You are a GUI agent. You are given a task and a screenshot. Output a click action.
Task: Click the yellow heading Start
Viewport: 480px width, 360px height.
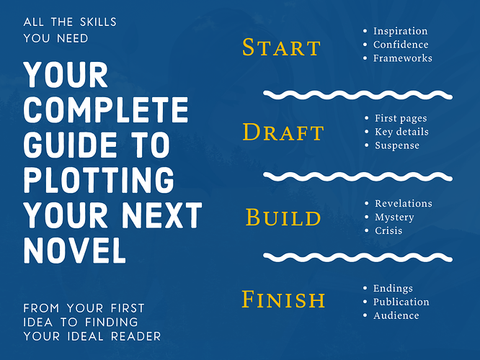click(281, 48)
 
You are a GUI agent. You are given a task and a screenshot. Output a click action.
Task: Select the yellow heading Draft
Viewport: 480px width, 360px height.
click(283, 132)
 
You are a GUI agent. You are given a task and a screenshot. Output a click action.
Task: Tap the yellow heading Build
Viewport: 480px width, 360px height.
click(283, 217)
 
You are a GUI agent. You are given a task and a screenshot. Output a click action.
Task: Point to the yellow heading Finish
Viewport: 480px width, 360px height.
click(283, 299)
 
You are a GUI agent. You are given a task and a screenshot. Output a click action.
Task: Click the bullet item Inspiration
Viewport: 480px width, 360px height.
click(400, 31)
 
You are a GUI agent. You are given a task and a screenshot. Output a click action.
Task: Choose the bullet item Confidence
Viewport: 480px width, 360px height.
click(401, 45)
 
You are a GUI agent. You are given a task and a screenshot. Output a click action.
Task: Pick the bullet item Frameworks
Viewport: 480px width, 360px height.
click(403, 58)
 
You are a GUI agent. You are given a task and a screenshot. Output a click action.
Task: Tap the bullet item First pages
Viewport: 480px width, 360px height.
click(401, 118)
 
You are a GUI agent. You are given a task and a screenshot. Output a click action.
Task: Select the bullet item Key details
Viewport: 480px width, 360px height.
click(401, 132)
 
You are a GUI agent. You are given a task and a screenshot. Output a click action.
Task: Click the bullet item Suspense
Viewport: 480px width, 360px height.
click(397, 145)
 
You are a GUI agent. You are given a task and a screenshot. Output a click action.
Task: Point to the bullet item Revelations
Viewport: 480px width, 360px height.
click(404, 203)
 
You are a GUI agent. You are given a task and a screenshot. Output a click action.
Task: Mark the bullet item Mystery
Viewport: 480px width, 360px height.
click(394, 217)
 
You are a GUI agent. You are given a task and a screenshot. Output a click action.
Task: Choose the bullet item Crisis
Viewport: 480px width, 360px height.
click(388, 230)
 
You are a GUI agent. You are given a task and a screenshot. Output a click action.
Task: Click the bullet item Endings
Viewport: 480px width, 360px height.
click(393, 289)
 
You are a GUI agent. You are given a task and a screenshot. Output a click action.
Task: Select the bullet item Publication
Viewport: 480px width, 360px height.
click(401, 302)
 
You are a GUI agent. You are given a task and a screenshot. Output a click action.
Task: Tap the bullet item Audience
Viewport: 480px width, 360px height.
click(396, 315)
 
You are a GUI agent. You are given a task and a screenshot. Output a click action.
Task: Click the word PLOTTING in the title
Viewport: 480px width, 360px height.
click(99, 180)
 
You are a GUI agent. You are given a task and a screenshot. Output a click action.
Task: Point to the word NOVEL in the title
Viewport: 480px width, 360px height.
click(75, 250)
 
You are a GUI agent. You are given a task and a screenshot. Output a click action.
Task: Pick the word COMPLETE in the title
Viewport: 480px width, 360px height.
click(106, 109)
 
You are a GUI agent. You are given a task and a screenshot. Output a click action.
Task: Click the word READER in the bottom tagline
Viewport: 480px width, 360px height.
click(135, 336)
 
